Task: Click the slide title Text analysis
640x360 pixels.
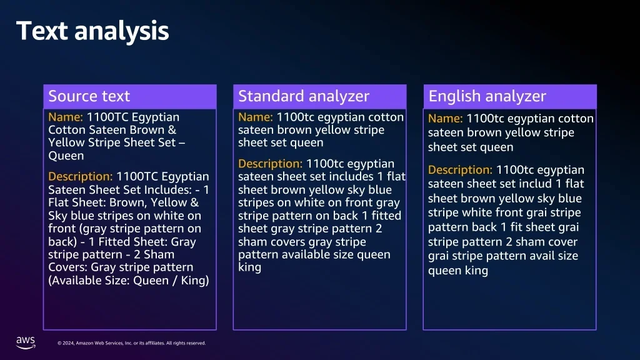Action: click(x=92, y=31)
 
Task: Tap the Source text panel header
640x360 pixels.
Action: click(x=89, y=96)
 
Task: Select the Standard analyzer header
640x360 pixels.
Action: click(x=304, y=96)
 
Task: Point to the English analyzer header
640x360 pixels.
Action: click(x=487, y=96)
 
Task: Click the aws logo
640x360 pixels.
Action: click(x=26, y=342)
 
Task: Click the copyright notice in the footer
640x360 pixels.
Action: click(x=131, y=343)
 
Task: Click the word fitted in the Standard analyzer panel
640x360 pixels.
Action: click(x=386, y=216)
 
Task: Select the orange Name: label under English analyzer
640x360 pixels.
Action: click(x=445, y=118)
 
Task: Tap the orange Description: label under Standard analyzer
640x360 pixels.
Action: click(x=270, y=164)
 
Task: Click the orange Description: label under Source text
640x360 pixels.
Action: click(x=81, y=177)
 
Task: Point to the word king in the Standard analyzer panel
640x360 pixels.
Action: click(x=250, y=267)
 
